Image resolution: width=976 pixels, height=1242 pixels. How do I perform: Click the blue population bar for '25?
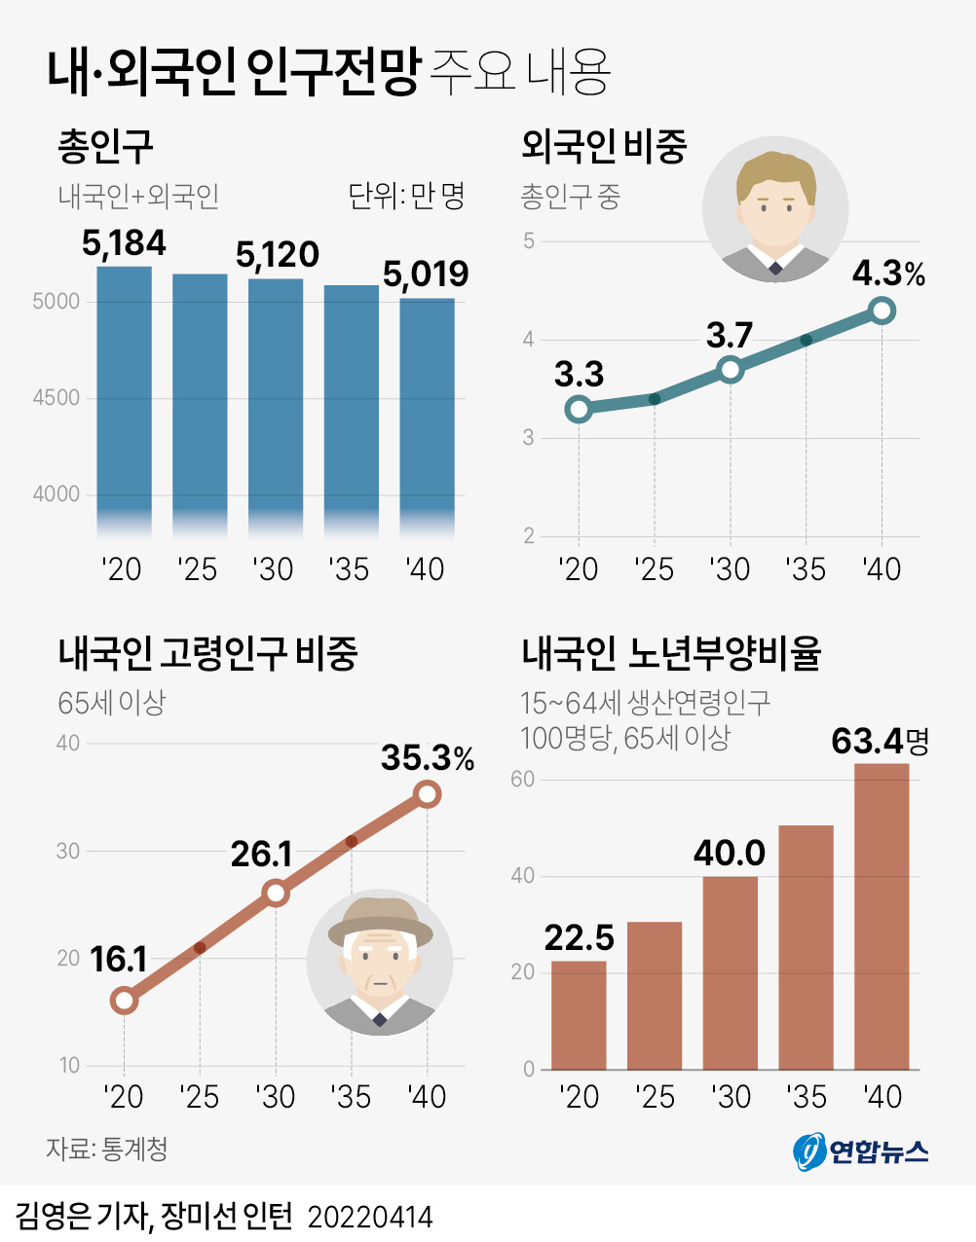(x=200, y=404)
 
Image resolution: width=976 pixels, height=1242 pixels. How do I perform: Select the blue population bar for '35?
(x=351, y=409)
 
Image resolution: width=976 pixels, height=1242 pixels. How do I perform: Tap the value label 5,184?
(x=124, y=242)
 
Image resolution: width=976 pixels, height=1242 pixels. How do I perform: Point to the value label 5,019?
(x=426, y=274)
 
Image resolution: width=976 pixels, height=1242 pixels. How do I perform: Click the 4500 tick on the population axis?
(x=56, y=398)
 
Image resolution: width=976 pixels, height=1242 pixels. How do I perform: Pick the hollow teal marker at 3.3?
(x=579, y=409)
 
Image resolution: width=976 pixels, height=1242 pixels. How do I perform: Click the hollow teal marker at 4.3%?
(x=882, y=311)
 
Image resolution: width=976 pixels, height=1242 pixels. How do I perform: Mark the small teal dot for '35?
(x=806, y=340)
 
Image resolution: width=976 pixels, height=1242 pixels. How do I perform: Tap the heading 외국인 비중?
(x=604, y=147)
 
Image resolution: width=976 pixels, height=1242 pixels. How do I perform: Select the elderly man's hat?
(x=380, y=920)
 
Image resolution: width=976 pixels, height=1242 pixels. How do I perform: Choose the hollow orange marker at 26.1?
(x=276, y=893)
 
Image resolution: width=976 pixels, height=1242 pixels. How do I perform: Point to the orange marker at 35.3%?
(x=428, y=794)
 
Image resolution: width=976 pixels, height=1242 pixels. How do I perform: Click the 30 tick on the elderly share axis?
(x=67, y=851)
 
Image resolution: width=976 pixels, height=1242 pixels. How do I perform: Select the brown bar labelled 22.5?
(x=579, y=1015)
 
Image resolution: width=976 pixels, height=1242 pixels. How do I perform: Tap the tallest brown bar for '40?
(x=882, y=915)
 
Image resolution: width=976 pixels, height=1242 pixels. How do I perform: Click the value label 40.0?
(x=730, y=854)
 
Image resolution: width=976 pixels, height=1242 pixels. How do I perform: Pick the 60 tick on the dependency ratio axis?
(x=523, y=780)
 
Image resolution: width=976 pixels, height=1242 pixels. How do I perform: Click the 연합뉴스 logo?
(x=861, y=1151)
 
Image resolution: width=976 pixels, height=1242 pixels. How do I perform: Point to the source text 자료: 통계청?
(x=107, y=1149)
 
